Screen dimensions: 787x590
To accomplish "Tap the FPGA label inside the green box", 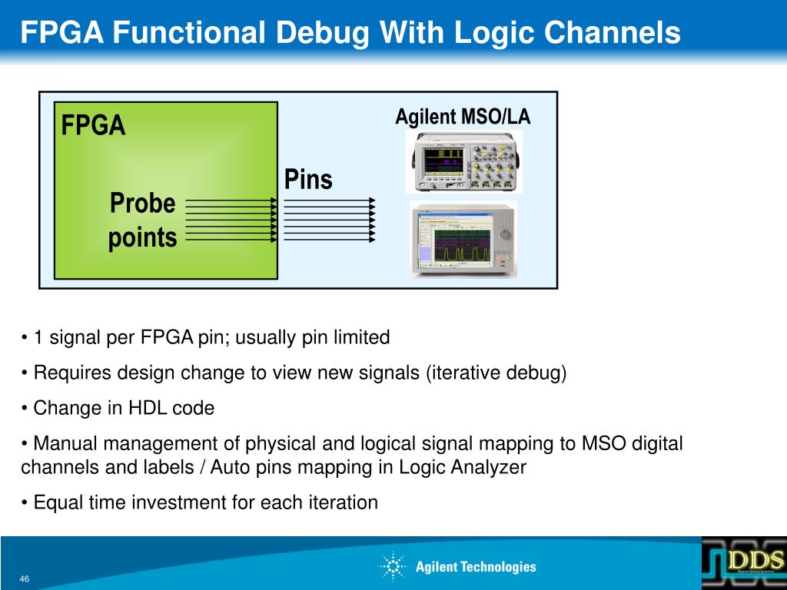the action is click(x=93, y=124).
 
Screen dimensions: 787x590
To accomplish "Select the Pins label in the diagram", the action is click(x=308, y=180).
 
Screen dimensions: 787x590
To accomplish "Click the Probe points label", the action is click(x=142, y=220).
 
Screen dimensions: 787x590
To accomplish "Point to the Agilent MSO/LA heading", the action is click(x=463, y=117).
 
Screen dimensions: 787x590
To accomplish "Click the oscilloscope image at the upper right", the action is click(x=464, y=161).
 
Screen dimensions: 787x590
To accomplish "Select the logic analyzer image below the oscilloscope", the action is click(x=463, y=239).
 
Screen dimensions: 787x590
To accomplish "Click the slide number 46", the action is click(x=25, y=578).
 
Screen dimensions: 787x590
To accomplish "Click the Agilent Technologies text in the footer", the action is click(x=476, y=567).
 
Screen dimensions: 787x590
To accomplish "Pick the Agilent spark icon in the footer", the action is click(x=393, y=567).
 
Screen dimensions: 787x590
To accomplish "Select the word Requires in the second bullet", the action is click(x=66, y=373).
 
